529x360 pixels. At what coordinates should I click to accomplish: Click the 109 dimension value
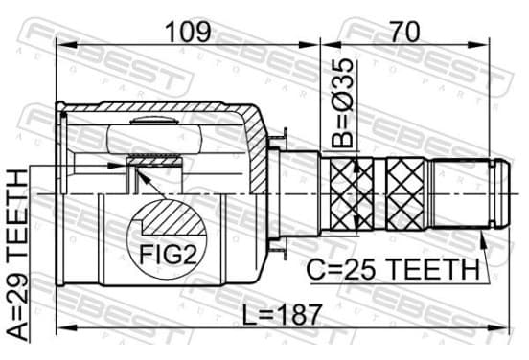[x=188, y=32]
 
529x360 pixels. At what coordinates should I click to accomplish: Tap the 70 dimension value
[x=404, y=32]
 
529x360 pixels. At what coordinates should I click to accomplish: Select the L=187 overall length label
[x=282, y=314]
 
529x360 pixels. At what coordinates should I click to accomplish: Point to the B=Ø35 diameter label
[x=342, y=103]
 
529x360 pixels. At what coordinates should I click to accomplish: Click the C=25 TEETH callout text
[x=393, y=270]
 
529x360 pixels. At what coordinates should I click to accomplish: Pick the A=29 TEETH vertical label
[x=17, y=256]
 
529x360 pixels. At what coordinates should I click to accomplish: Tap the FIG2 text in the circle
[x=168, y=255]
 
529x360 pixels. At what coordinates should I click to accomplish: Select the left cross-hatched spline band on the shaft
[x=353, y=193]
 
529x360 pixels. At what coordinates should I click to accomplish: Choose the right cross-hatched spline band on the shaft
[x=404, y=193]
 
